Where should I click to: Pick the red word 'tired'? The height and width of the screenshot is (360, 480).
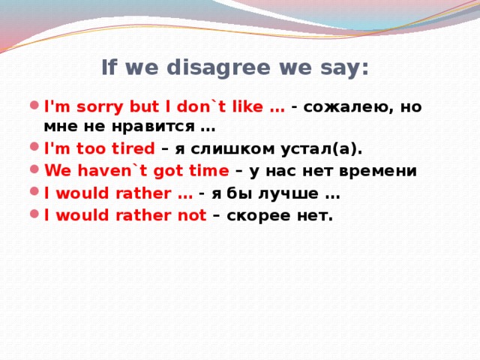click(x=133, y=148)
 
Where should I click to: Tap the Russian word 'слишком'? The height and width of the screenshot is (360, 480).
click(x=223, y=148)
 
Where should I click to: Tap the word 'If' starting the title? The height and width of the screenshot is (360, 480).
click(x=109, y=69)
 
